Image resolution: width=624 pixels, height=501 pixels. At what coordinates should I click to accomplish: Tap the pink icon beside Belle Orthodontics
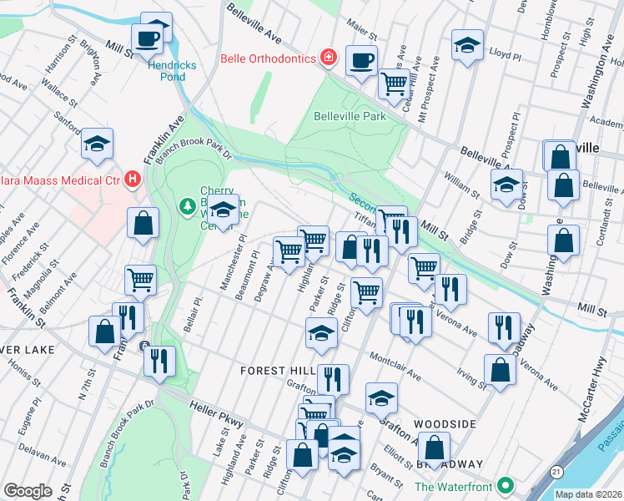330,58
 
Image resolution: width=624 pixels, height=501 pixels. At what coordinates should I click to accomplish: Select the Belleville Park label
350,117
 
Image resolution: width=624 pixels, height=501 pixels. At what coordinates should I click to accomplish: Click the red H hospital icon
132,179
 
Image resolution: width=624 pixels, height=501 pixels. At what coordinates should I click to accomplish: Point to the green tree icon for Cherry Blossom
188,205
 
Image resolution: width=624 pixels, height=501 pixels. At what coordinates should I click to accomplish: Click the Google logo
28,491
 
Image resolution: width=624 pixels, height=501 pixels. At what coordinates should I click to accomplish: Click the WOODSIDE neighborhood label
445,424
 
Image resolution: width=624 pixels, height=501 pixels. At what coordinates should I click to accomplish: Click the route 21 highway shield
555,472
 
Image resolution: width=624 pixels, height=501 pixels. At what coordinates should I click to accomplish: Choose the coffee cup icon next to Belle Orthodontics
361,60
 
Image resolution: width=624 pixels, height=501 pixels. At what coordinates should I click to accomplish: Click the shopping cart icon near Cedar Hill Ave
393,82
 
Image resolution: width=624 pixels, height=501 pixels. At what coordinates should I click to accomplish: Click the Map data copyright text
588,494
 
